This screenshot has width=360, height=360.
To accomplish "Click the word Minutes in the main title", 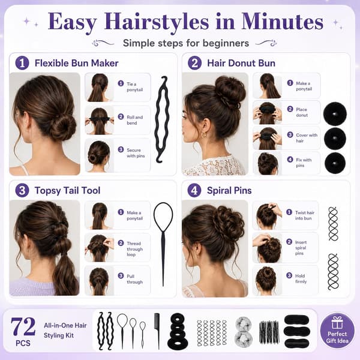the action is [x=283, y=22].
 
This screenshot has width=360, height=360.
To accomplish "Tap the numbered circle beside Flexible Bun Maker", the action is [x=22, y=63].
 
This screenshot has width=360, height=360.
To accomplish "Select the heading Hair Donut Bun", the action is [x=241, y=63].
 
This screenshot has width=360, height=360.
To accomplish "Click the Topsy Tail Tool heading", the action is [x=67, y=191].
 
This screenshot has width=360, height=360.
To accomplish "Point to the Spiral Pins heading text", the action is [x=229, y=191].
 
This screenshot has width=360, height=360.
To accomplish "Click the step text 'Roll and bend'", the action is [x=135, y=120].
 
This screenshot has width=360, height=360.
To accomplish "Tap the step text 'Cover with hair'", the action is [x=307, y=138].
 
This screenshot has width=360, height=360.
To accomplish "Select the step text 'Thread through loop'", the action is [x=134, y=249].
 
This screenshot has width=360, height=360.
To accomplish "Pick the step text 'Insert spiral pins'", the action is [x=301, y=248].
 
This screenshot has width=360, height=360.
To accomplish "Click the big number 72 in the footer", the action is [x=23, y=326].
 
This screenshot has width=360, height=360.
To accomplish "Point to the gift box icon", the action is [x=337, y=322].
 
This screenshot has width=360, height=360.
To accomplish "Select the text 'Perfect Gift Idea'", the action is [x=337, y=337].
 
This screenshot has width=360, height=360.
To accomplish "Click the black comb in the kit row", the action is [x=157, y=328].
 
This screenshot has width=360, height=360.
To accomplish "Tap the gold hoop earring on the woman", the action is [x=203, y=134].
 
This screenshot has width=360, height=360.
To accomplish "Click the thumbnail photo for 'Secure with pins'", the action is [x=99, y=155].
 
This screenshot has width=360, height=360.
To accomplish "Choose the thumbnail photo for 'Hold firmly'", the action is [x=266, y=281].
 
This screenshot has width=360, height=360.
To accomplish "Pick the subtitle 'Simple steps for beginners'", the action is [x=186, y=43].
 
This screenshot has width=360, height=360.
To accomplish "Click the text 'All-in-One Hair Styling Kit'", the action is [x=65, y=331].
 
